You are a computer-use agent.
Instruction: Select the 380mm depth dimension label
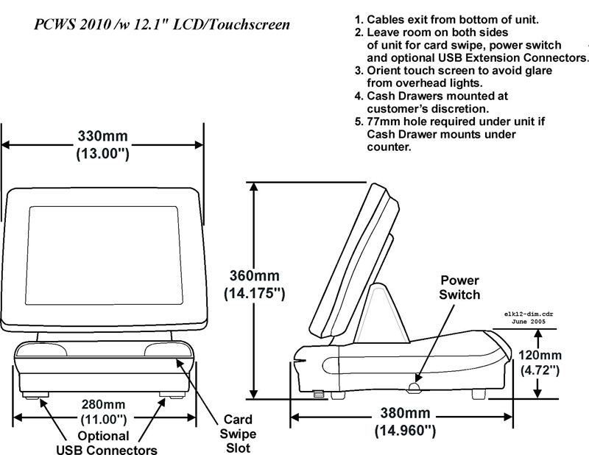403,414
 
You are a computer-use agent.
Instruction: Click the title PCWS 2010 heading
161,25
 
